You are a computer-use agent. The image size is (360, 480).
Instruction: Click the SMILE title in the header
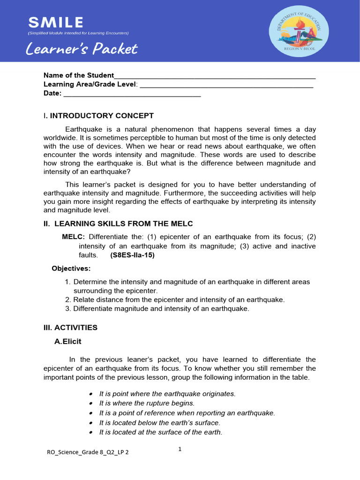(56, 22)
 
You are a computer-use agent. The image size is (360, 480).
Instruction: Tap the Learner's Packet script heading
(82, 49)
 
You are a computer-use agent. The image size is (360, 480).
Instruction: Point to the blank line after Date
(132, 94)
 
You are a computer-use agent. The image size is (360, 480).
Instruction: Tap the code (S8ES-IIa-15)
(132, 255)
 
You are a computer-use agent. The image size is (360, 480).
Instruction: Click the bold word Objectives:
(71, 269)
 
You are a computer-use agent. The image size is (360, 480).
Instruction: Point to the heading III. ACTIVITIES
(70, 327)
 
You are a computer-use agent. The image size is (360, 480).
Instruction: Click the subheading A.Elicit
(67, 342)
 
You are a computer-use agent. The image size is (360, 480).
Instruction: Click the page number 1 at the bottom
(180, 449)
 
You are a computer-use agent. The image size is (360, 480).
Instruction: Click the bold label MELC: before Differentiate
(74, 236)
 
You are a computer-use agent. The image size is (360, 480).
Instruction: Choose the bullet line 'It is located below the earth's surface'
(159, 422)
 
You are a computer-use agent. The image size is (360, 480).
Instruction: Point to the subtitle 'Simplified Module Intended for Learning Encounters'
(78, 33)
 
